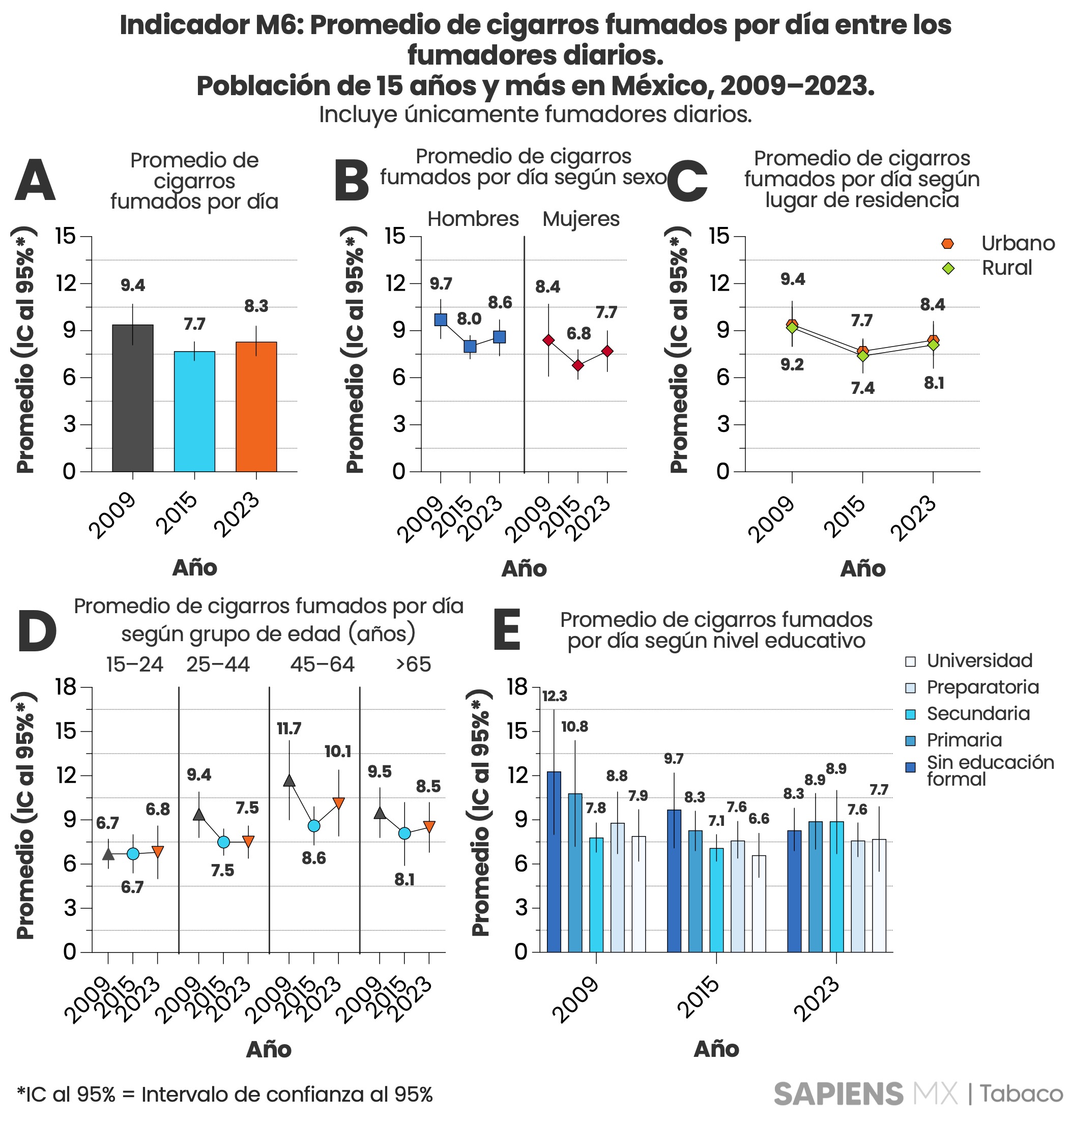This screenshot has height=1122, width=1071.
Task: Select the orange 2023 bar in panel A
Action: (256, 407)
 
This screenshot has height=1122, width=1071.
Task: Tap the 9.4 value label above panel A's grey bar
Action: (133, 285)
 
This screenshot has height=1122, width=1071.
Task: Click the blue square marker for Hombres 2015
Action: (470, 346)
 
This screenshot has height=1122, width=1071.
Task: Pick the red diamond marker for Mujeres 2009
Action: (548, 340)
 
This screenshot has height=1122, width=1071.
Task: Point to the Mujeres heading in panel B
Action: (581, 219)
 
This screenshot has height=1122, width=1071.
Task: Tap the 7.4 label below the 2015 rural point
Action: (862, 388)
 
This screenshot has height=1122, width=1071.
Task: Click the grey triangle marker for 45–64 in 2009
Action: (289, 781)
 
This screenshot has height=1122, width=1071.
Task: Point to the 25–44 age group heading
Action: (218, 664)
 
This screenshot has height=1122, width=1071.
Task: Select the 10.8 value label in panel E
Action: (574, 727)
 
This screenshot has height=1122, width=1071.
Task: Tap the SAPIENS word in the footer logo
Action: (838, 1094)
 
